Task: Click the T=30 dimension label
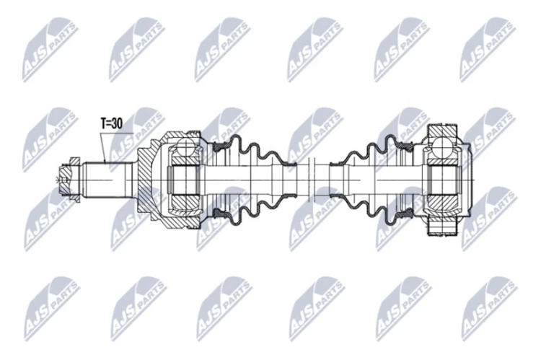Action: tap(111, 123)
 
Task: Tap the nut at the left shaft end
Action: tap(70, 180)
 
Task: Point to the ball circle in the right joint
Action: tap(441, 145)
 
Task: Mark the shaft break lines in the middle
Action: tap(312, 180)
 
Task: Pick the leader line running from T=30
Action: tap(102, 148)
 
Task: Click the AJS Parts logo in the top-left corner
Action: tap(50, 49)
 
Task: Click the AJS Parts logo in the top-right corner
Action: tap(488, 49)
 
